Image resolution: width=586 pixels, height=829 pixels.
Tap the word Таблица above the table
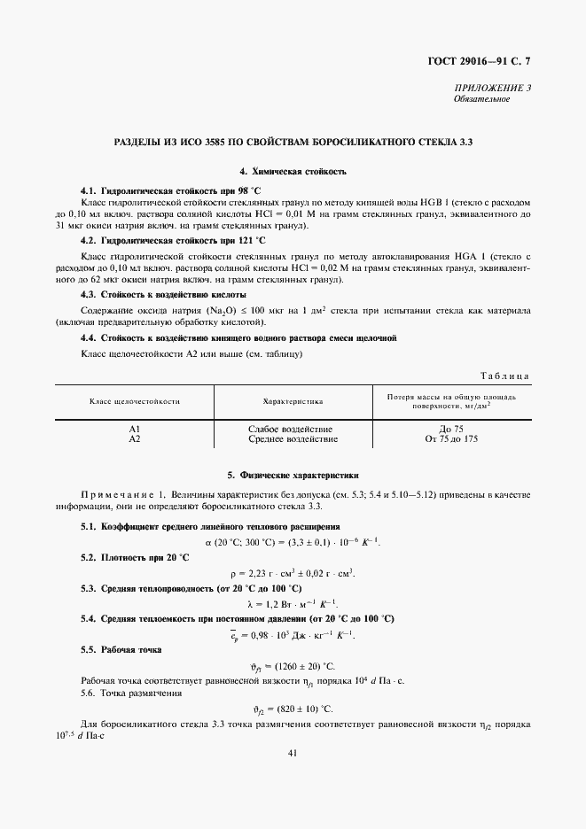504,376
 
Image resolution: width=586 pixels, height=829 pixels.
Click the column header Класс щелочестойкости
135,401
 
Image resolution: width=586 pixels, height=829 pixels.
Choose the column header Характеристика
293,401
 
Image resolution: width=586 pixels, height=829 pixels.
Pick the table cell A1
135,429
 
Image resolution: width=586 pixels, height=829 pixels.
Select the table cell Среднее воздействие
293,438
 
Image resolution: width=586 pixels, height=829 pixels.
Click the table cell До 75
451,429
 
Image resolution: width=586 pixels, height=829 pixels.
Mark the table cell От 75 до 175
451,438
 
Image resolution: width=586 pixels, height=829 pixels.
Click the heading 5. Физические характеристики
293,476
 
